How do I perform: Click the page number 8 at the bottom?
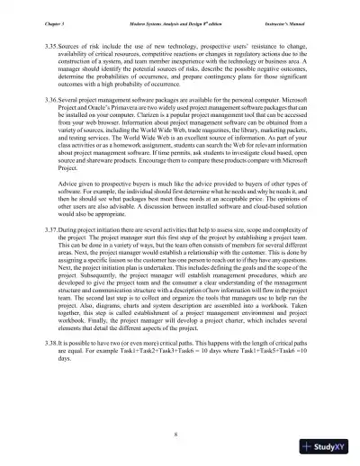pyautogui.click(x=179, y=436)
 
